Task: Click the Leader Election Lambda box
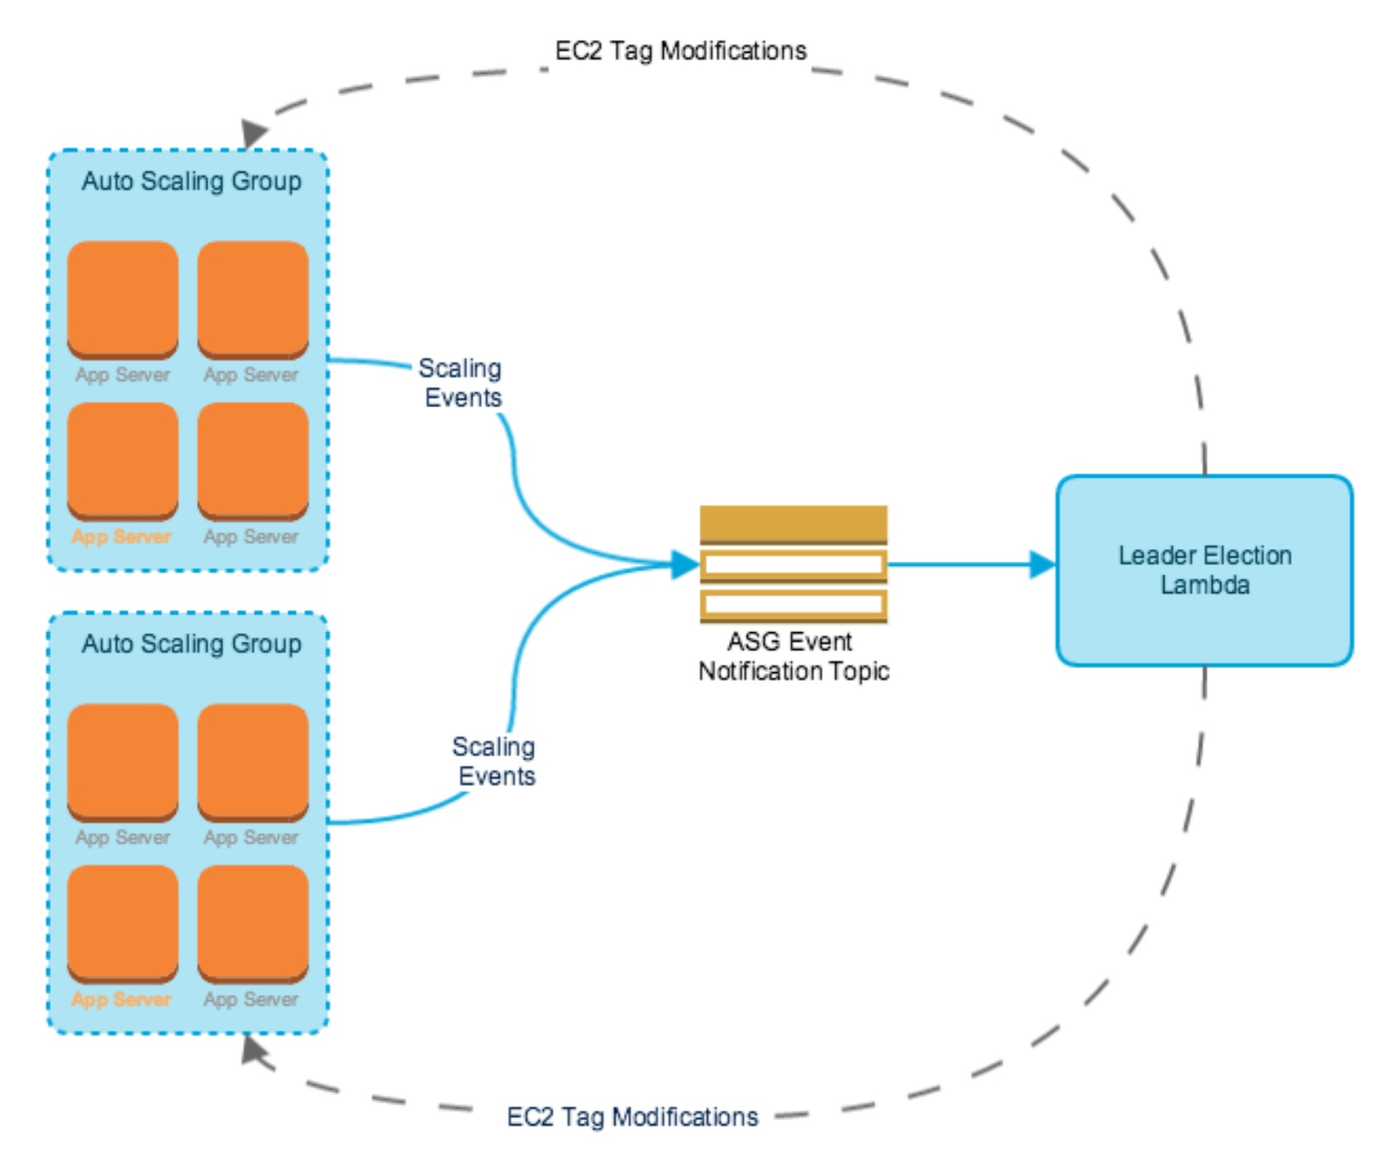tap(1203, 569)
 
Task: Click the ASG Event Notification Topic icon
tap(793, 563)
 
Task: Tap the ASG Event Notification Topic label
tap(793, 656)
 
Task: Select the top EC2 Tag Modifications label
tap(680, 51)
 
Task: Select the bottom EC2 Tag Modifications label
tap(632, 1117)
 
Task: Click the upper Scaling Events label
tap(461, 382)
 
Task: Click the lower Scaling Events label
tap(495, 761)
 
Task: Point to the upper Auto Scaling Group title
tap(191, 181)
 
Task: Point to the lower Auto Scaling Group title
tap(191, 643)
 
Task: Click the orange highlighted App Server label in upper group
tap(122, 537)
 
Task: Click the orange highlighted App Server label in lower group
tap(122, 999)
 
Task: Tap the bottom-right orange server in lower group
tap(252, 923)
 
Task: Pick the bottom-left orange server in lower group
tap(122, 923)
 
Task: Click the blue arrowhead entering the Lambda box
tap(1042, 564)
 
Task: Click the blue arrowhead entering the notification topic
tap(683, 564)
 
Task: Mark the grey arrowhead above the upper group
tap(253, 133)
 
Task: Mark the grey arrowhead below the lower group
tap(253, 1050)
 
